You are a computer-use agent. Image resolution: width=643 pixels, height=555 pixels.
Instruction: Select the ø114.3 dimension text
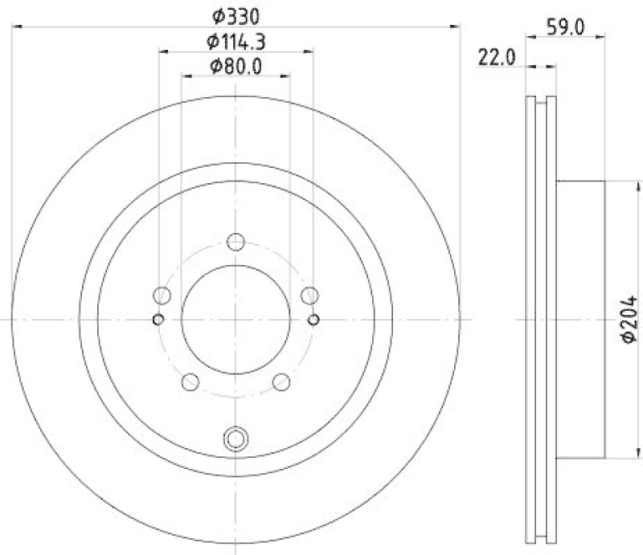236,41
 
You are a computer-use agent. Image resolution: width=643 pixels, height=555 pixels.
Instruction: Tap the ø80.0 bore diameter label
236,66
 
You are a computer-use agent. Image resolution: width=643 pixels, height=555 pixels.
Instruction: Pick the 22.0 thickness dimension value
495,57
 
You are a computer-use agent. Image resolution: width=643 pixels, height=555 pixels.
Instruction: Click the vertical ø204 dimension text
629,319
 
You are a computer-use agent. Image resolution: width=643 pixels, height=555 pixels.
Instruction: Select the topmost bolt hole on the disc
235,242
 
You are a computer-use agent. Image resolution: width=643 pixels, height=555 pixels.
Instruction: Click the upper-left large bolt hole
162,296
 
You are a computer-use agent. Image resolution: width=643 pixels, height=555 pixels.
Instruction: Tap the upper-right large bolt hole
309,296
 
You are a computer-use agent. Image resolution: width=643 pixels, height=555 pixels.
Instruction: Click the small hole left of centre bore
158,320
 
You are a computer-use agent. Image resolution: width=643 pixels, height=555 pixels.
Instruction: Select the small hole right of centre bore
313,320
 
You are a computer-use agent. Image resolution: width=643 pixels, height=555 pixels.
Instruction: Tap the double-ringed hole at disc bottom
235,439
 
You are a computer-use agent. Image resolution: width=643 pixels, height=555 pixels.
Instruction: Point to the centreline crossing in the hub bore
235,319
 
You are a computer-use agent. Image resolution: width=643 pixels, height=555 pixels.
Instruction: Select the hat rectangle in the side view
579,319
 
